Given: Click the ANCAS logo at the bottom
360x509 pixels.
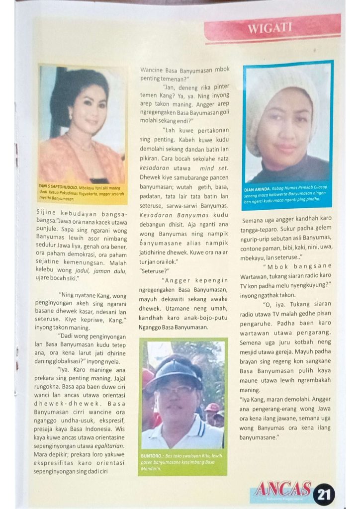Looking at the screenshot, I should coord(282,489).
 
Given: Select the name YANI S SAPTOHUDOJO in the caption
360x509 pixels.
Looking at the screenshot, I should coord(59,187).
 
